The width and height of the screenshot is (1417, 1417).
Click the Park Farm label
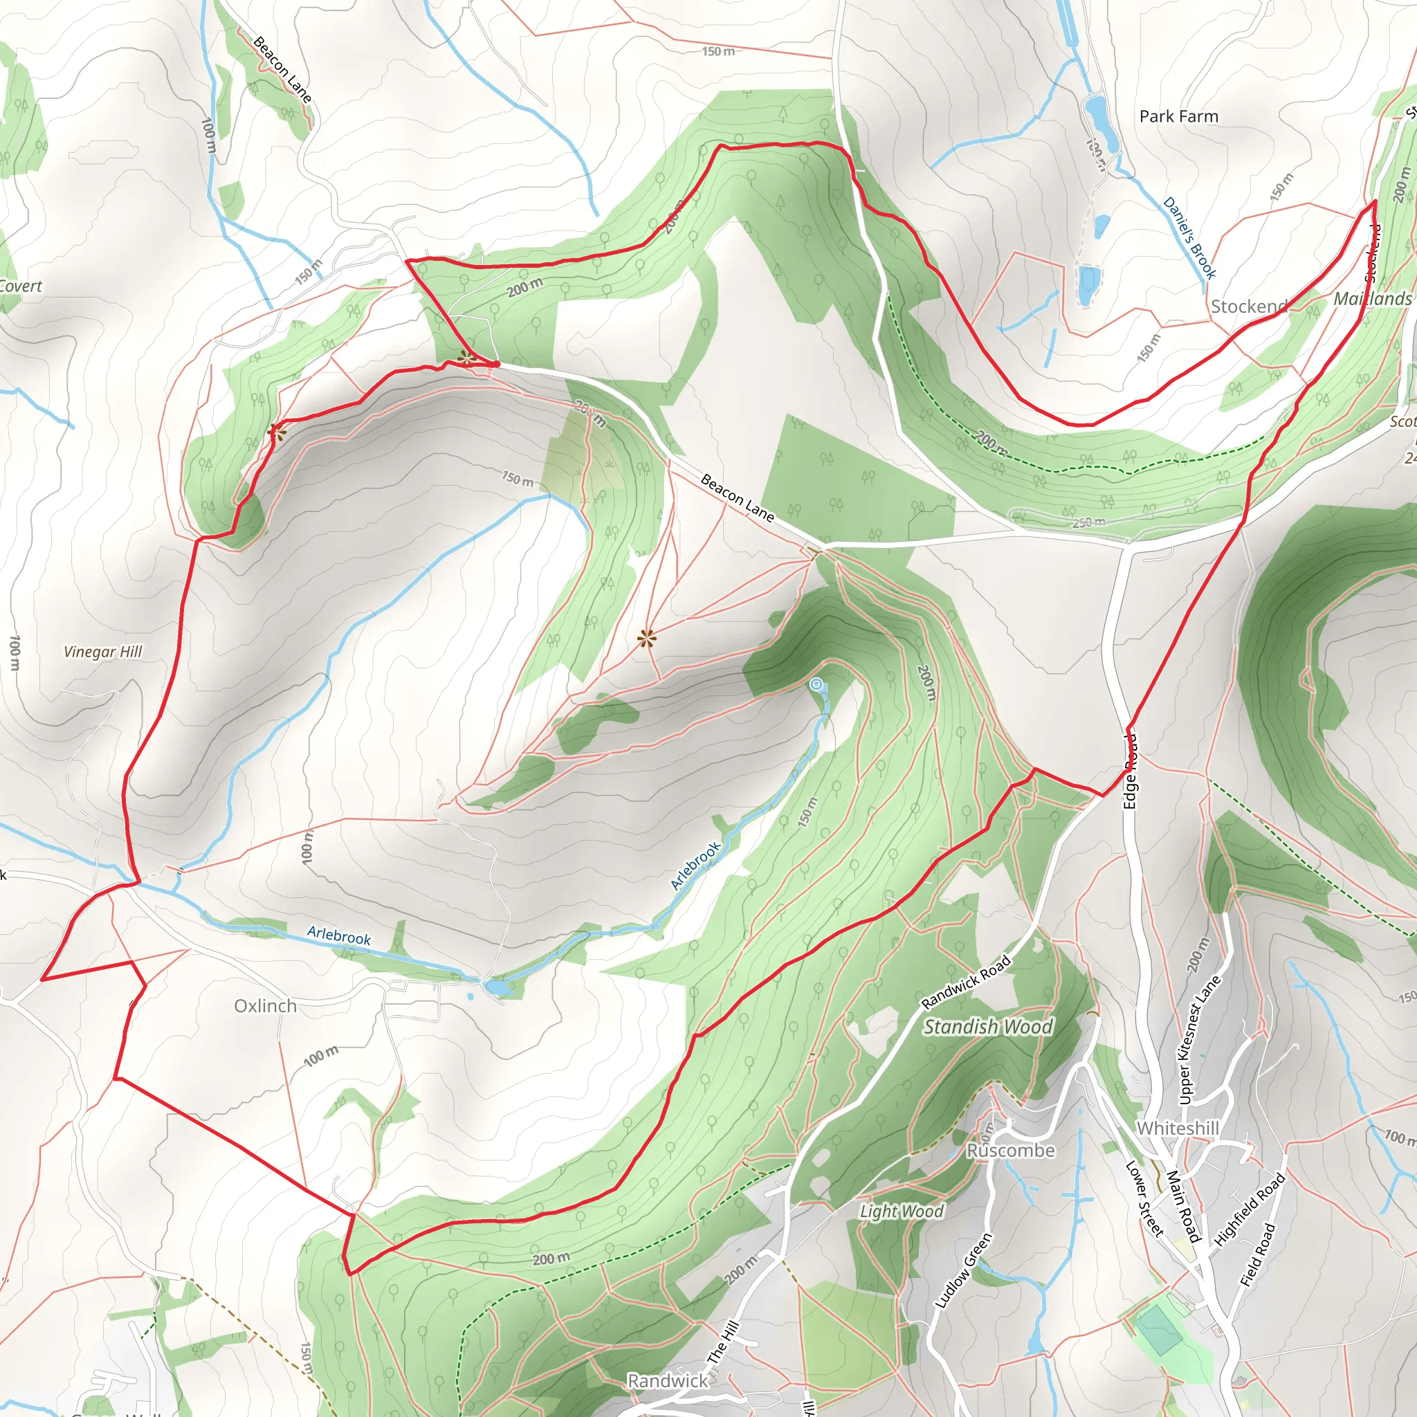1178,117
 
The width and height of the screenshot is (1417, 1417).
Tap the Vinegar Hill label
102,651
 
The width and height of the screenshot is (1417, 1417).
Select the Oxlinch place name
266,1005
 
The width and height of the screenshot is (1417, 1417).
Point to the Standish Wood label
988,1027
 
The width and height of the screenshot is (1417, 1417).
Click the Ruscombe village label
1010,1150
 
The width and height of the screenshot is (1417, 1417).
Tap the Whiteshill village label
1177,1128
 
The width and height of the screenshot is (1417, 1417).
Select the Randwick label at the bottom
668,1381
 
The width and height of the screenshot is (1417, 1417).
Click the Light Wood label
901,1212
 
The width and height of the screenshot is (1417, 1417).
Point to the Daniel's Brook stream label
1189,239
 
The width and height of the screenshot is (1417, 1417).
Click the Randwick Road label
965,982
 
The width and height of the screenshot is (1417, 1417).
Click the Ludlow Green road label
962,1271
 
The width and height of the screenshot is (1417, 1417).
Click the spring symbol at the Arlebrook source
816,684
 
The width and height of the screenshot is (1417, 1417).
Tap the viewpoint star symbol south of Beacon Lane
646,639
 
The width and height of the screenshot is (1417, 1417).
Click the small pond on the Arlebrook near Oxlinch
499,989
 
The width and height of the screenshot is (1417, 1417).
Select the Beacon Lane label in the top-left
282,70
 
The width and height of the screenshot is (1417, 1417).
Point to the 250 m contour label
1088,522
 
